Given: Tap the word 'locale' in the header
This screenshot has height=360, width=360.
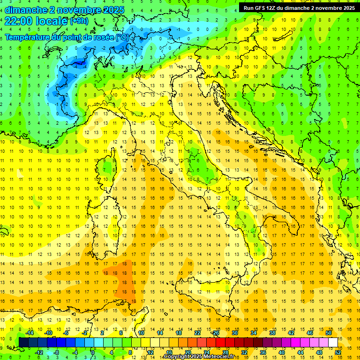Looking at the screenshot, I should [x=53, y=21].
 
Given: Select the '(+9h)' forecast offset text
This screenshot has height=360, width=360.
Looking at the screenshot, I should [x=78, y=21].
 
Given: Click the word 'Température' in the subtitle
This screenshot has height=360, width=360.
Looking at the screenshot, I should [x=28, y=37].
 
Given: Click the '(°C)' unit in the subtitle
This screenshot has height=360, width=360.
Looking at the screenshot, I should [x=122, y=37].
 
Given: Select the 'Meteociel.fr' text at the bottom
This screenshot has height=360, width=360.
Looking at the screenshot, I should [x=218, y=357].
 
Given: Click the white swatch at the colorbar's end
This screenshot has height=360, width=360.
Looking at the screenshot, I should [x=333, y=342].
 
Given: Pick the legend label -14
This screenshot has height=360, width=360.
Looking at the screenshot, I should [x=30, y=333].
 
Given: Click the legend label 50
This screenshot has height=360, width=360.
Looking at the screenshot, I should [x=329, y=333].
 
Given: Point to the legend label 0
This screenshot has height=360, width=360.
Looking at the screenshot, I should [x=93, y=352].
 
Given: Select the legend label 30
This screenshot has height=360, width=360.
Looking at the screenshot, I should [x=235, y=333].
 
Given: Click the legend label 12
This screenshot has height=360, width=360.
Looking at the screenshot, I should [x=150, y=352].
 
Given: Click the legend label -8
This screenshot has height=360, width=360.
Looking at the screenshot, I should [x=56, y=352].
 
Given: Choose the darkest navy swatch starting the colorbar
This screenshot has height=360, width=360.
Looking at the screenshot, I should [x=23, y=342].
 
